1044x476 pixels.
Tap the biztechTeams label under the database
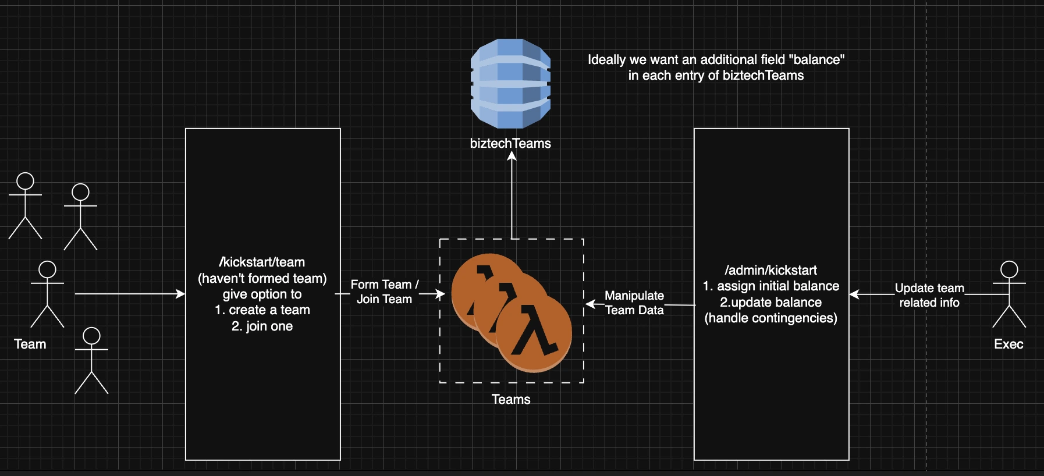pos(510,143)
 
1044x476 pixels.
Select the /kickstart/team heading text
pos(262,262)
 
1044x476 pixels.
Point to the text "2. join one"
pos(262,326)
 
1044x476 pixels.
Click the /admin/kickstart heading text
pos(770,270)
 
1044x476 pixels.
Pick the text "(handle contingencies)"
pos(770,318)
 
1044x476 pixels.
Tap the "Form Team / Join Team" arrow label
pos(384,292)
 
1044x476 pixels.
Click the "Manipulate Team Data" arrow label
pos(634,303)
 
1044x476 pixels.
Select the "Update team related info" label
pos(929,295)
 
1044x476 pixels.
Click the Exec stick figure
pos(1009,294)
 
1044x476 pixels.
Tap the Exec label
pos(1009,344)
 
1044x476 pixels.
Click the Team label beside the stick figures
pos(30,344)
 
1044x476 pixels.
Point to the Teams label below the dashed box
pos(511,399)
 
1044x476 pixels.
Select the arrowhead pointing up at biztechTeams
pos(512,157)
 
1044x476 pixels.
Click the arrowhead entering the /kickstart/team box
pos(181,294)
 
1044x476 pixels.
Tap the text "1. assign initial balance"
pos(770,286)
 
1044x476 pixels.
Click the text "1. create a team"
pos(262,310)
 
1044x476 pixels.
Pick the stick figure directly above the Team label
pos(47,294)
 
